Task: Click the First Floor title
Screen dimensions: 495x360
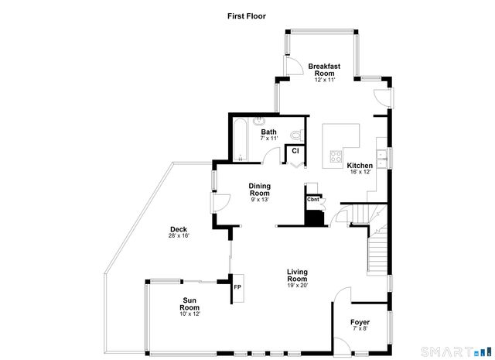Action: [247, 16]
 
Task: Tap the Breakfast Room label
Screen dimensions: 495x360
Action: [324, 70]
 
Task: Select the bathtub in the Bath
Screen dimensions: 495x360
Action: [241, 139]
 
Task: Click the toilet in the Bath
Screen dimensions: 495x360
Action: [297, 135]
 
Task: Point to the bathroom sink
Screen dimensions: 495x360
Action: [260, 120]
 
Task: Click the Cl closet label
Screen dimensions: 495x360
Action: [295, 151]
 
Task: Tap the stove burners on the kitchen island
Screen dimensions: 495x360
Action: [336, 156]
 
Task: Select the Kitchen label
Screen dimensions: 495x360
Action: [360, 166]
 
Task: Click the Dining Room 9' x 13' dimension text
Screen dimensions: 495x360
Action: [260, 200]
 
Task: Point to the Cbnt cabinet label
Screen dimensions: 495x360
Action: [312, 200]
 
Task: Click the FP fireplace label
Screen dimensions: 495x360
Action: [237, 287]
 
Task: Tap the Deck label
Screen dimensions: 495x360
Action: [179, 229]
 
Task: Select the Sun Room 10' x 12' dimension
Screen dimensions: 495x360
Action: [189, 314]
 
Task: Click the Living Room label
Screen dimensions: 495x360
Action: [297, 276]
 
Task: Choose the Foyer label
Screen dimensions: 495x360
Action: [360, 322]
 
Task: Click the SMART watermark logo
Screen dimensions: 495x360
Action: [456, 351]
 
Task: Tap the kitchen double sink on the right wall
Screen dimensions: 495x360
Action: [382, 159]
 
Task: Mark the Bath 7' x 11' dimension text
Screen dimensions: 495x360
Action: [268, 139]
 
